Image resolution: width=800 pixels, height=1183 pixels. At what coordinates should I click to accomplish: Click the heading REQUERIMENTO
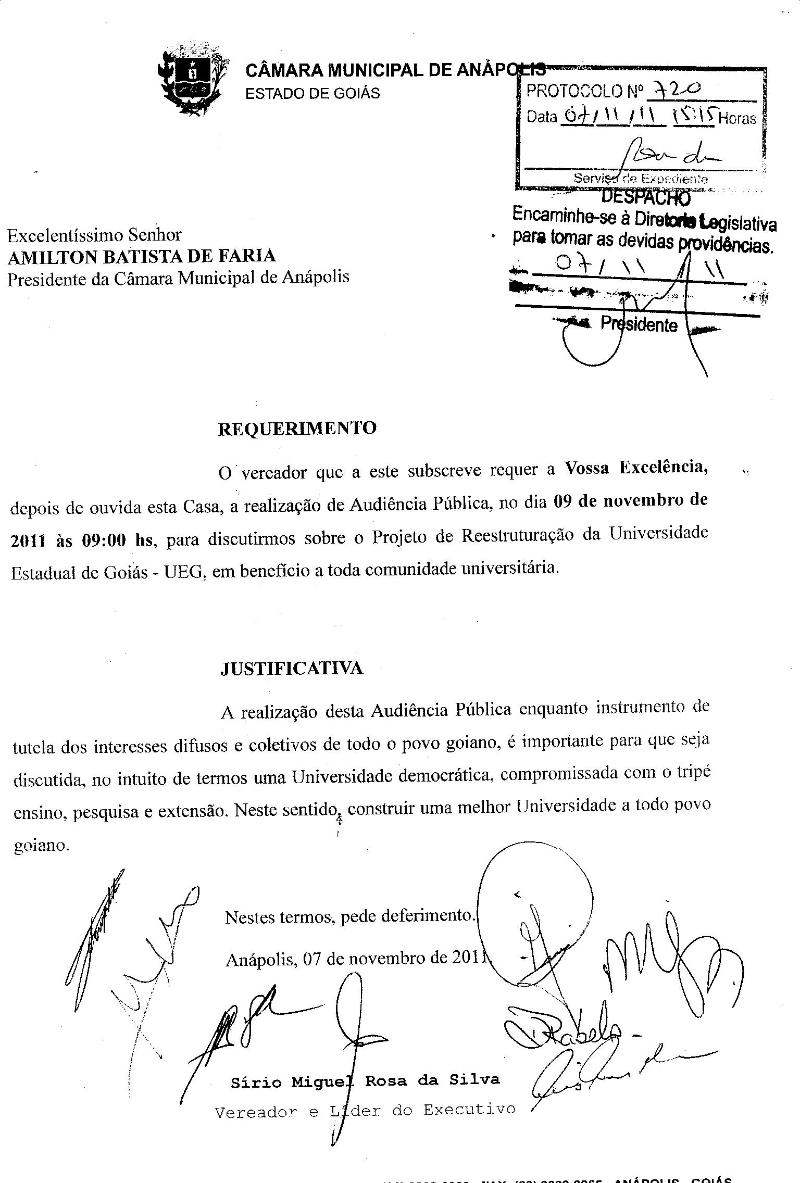click(x=297, y=429)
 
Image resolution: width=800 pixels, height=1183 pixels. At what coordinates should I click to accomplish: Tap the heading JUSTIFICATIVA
click(x=292, y=669)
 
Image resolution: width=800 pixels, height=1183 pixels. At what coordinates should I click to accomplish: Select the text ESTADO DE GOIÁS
click(x=312, y=94)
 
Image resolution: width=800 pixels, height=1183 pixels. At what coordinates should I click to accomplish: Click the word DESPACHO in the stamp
click(x=646, y=197)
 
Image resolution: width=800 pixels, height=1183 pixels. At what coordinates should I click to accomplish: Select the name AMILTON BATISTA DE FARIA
click(x=142, y=256)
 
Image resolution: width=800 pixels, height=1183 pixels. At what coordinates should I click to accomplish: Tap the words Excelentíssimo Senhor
click(x=94, y=235)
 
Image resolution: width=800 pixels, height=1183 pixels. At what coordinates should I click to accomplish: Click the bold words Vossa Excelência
click(x=636, y=467)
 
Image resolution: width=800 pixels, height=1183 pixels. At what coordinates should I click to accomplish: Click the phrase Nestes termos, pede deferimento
click(x=350, y=916)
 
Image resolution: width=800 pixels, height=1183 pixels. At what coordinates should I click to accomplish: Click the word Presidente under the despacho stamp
click(x=639, y=324)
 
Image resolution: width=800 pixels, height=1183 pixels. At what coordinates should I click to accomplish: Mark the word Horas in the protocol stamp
click(x=737, y=119)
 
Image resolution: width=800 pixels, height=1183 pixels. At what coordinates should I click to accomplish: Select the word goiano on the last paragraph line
click(x=41, y=846)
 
